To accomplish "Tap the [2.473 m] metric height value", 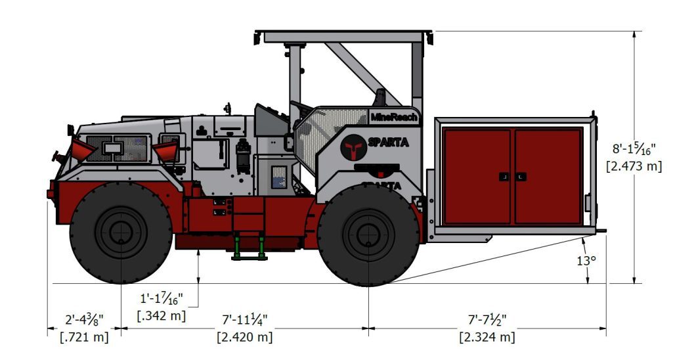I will pyautogui.click(x=634, y=166).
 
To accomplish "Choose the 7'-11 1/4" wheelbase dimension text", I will pyautogui.click(x=244, y=320).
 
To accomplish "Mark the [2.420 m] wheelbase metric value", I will pyautogui.click(x=244, y=337).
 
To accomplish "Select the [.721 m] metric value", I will pyautogui.click(x=85, y=337).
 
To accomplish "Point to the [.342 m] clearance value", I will pyautogui.click(x=162, y=315).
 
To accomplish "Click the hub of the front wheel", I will pyautogui.click(x=121, y=232).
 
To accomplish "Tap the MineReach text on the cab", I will pyautogui.click(x=394, y=117).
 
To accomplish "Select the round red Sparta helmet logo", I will pyautogui.click(x=353, y=147).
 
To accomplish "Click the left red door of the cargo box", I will pyautogui.click(x=477, y=176).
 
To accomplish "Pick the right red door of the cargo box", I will pyautogui.click(x=548, y=176).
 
